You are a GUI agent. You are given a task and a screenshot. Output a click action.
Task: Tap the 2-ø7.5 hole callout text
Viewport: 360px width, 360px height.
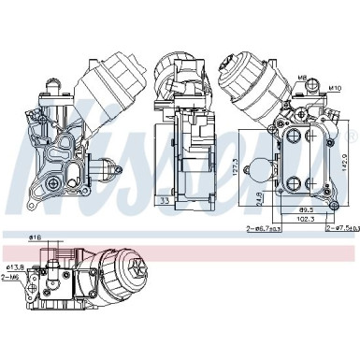click(x=336, y=227)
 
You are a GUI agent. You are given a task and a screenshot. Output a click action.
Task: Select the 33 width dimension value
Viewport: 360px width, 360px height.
click(x=164, y=200)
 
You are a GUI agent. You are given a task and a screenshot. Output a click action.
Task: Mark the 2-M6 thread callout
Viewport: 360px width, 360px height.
click(x=10, y=277)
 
